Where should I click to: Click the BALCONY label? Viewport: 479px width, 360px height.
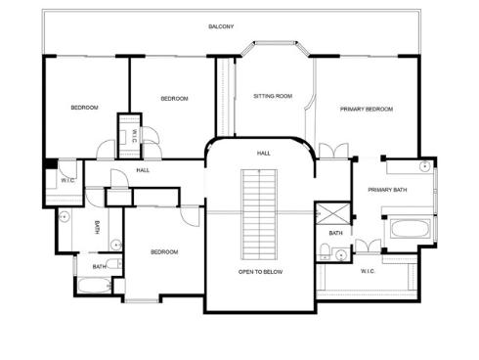[221, 26]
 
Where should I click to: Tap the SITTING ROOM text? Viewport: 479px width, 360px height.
[273, 96]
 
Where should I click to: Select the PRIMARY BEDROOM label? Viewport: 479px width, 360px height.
[367, 109]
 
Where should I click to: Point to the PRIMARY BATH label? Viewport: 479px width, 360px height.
[387, 190]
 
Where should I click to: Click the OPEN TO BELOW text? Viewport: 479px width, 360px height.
[260, 272]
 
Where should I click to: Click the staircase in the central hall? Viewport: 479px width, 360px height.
[259, 214]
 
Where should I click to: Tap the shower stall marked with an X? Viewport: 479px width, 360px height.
[333, 213]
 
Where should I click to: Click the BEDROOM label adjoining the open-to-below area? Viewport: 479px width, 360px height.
[164, 252]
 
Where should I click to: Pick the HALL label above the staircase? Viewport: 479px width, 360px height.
[263, 154]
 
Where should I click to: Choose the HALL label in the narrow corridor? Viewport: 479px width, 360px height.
[143, 170]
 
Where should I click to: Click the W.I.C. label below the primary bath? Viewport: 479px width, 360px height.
[368, 271]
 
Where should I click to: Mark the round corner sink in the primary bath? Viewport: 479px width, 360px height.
[425, 166]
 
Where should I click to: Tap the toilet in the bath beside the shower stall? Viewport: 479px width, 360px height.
[325, 251]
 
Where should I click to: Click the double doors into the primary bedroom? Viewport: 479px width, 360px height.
[334, 151]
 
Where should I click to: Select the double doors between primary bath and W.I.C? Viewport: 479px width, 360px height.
[368, 247]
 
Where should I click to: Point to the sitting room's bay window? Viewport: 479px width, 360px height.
[276, 48]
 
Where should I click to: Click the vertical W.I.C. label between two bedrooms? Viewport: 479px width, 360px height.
[134, 136]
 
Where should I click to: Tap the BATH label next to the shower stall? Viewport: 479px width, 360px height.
[335, 233]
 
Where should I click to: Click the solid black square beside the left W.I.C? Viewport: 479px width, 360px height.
[51, 163]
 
